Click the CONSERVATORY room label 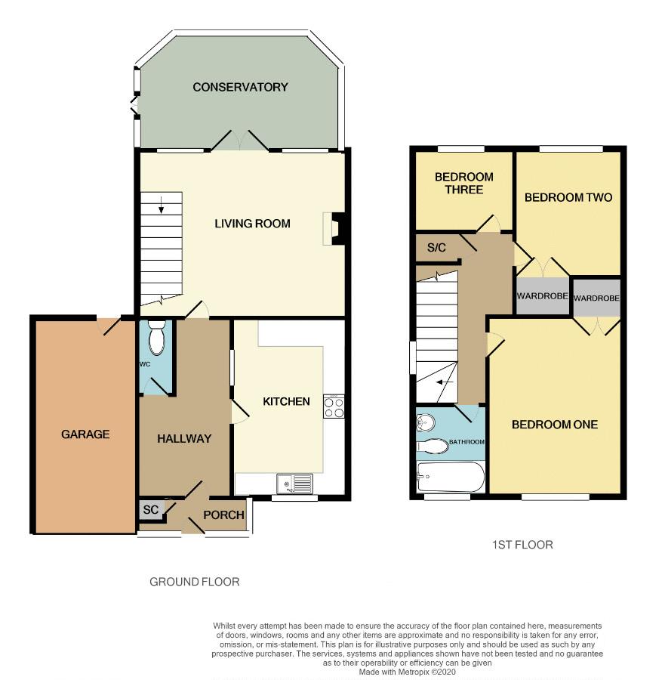tap(240, 87)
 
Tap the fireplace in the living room tap(334, 228)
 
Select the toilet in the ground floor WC tap(155, 338)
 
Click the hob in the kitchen tap(334, 406)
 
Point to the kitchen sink tap(294, 484)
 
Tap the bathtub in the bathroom tap(451, 477)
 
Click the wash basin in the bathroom tap(426, 422)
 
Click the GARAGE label tap(85, 434)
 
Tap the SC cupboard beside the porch tap(152, 509)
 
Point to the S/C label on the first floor tap(436, 248)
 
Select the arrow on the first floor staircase tap(445, 382)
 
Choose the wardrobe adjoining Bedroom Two tap(543, 296)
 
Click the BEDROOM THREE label tap(464, 183)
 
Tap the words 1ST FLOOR tap(522, 545)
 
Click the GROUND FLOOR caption tap(195, 582)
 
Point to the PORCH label tap(223, 515)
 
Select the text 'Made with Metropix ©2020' tap(408, 672)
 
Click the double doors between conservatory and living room tap(240, 140)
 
